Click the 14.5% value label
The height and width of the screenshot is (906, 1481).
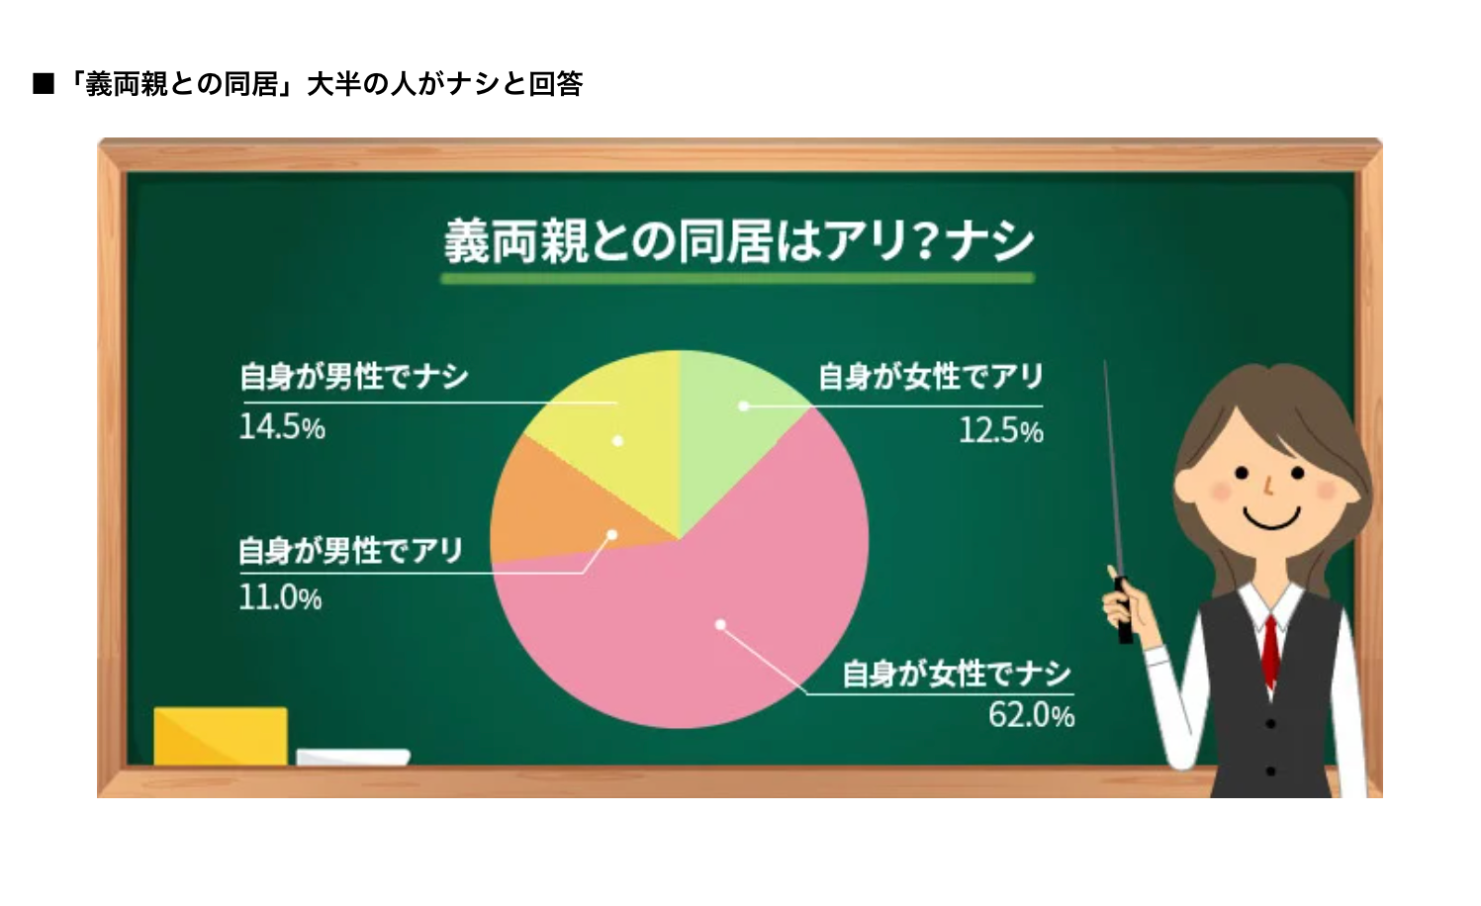pos(282,427)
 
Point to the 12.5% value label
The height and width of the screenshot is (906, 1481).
pos(1000,430)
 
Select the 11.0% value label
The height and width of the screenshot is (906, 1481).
pos(280,597)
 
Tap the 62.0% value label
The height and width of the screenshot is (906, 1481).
pos(1031,715)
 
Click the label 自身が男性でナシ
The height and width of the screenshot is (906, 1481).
pos(353,377)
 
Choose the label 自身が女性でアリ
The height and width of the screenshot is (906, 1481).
pos(930,377)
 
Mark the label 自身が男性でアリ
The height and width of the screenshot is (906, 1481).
pos(350,550)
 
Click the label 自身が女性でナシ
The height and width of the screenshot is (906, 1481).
pos(956,675)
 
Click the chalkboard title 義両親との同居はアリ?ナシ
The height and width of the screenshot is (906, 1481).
pos(738,241)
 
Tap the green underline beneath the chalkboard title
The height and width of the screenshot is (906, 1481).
pos(737,279)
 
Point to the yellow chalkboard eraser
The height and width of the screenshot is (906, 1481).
pos(221,736)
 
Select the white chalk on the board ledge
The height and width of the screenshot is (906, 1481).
pos(353,758)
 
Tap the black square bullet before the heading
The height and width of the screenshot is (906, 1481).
pos(43,84)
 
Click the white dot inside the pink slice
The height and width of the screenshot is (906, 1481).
pos(721,624)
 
